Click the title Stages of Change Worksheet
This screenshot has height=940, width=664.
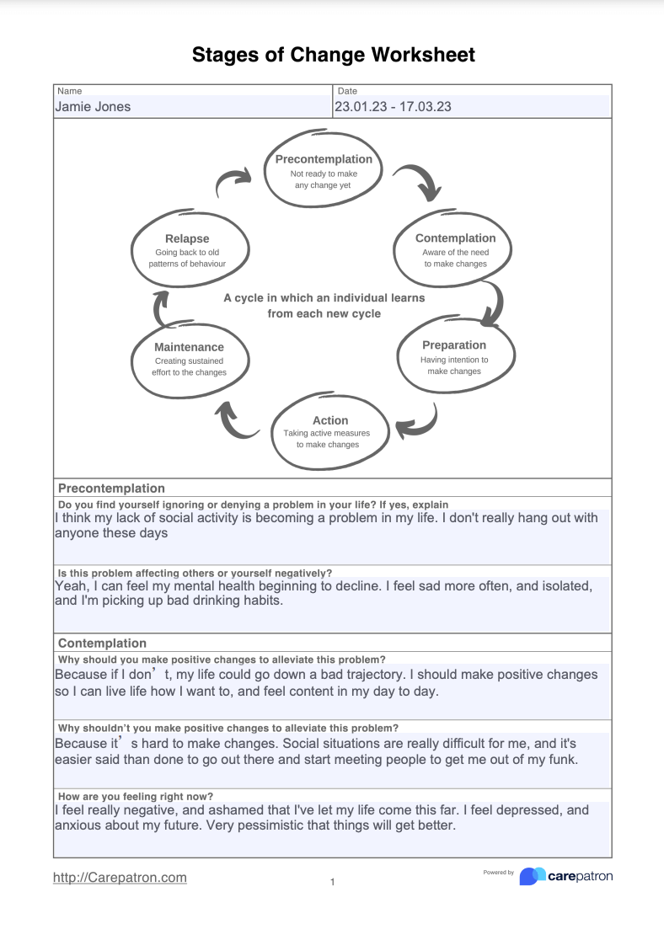click(333, 56)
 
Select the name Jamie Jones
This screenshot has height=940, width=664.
click(93, 107)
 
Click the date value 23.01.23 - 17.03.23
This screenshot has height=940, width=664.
click(393, 107)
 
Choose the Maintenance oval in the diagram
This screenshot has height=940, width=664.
click(189, 359)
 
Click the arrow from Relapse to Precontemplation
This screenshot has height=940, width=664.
click(234, 180)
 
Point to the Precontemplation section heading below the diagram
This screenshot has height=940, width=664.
click(111, 489)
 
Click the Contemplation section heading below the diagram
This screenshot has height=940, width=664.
click(102, 644)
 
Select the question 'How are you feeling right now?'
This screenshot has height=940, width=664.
click(135, 796)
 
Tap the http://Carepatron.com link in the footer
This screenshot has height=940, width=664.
click(120, 878)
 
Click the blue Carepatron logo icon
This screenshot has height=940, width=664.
click(532, 876)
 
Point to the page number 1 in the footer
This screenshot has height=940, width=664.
click(332, 882)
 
